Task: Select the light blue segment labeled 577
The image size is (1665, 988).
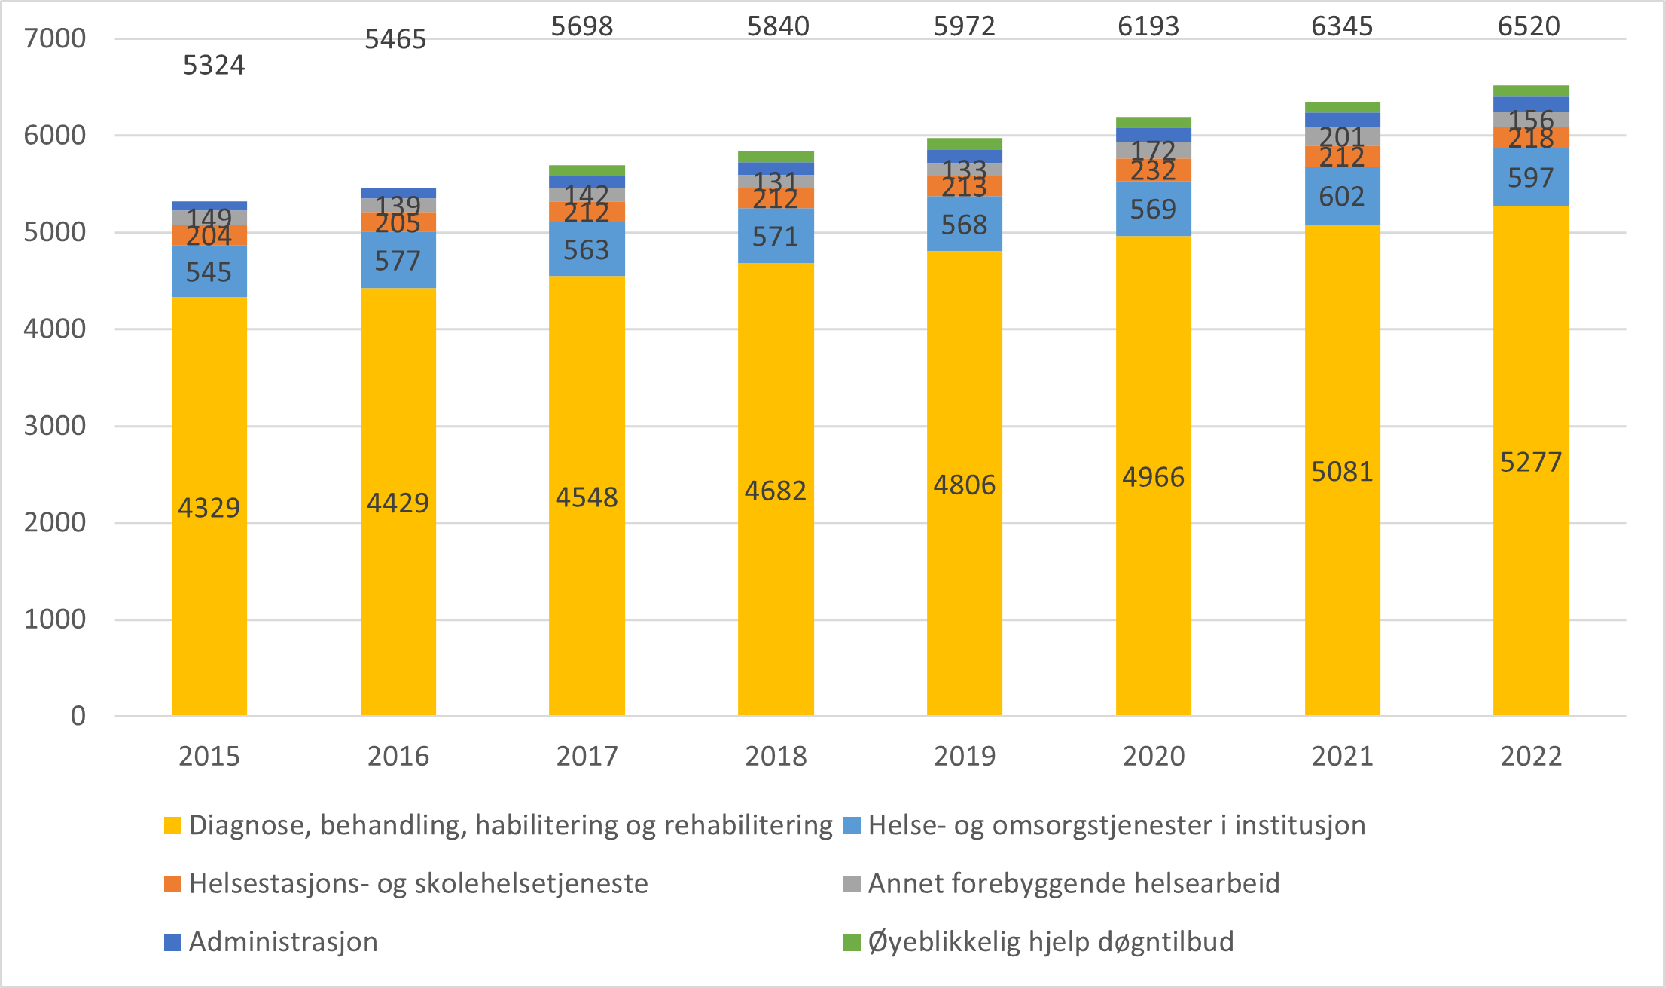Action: point(398,261)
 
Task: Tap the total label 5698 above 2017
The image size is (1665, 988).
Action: point(582,26)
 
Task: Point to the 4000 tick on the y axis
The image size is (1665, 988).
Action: point(55,329)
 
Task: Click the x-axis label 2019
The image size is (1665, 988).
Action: point(964,756)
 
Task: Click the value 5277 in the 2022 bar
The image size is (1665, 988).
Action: point(1531,462)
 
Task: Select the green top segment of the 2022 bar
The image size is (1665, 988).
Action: point(1531,91)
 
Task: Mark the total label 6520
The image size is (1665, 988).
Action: point(1529,26)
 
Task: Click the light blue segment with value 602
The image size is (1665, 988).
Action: point(1342,197)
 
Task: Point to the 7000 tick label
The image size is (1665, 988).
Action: point(55,38)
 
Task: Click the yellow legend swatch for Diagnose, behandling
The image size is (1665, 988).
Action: point(173,825)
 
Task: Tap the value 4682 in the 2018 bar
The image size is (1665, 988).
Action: point(776,491)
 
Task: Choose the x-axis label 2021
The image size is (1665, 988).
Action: point(1342,756)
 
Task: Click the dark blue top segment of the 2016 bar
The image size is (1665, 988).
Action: point(398,193)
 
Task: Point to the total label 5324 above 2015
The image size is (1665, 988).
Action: point(214,66)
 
